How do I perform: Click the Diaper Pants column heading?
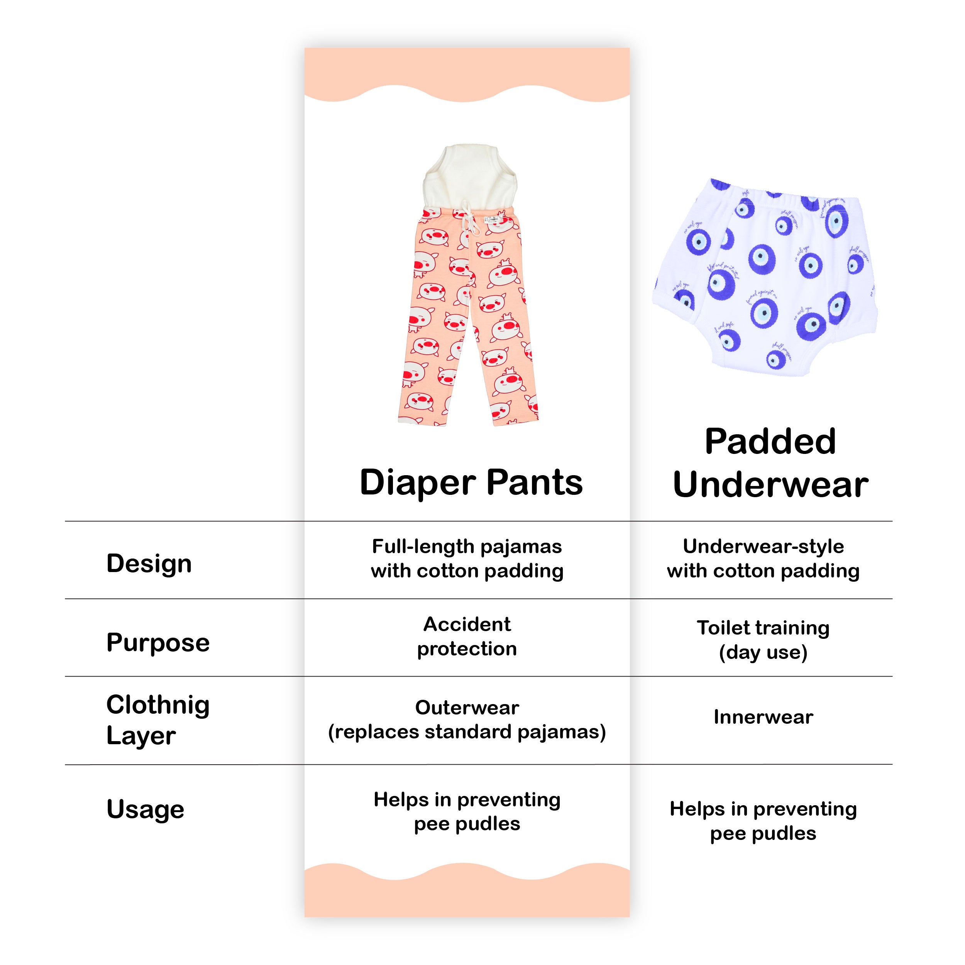471,483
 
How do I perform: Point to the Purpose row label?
158,643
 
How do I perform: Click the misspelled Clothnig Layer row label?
158,720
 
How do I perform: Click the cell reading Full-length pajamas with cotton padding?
467,559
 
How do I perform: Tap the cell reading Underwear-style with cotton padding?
763,559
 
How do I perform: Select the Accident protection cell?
467,637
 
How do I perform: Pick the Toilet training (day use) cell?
763,640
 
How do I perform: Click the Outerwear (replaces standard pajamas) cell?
467,720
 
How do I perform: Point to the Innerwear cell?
763,717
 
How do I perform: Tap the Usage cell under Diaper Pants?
467,812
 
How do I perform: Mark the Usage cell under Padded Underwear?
763,821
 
